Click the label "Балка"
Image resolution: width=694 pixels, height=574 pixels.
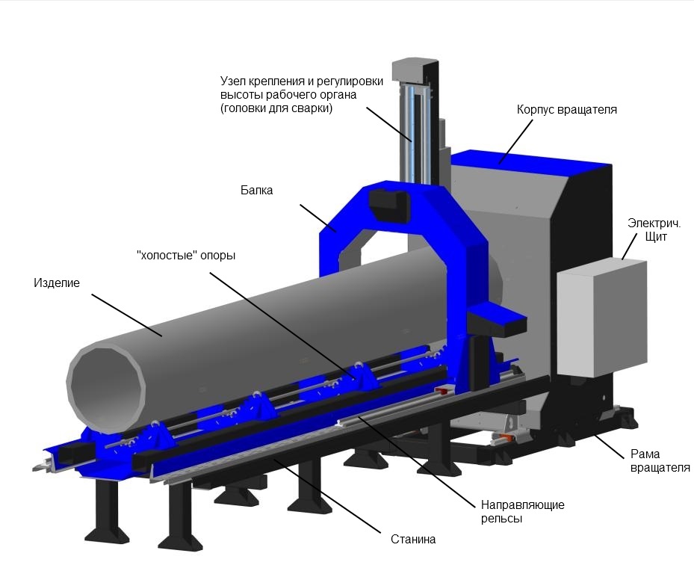click(x=257, y=191)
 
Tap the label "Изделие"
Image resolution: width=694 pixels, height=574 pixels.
click(x=57, y=283)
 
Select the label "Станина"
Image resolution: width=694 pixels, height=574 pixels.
click(x=413, y=539)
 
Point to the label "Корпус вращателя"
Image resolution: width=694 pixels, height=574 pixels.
click(x=566, y=110)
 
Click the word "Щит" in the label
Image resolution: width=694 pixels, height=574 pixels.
click(x=656, y=236)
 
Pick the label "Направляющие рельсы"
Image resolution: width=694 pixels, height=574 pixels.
click(x=523, y=511)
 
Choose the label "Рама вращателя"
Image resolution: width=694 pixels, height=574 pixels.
click(x=660, y=460)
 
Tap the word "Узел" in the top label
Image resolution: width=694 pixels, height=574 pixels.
click(x=232, y=81)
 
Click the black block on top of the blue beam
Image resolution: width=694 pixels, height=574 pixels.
click(x=389, y=205)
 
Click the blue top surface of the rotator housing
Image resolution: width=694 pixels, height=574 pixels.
click(x=531, y=160)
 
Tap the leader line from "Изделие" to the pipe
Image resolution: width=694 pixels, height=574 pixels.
click(x=127, y=315)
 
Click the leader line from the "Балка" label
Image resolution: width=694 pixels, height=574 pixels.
click(x=318, y=218)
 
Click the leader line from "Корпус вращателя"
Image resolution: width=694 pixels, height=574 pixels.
click(x=515, y=141)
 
